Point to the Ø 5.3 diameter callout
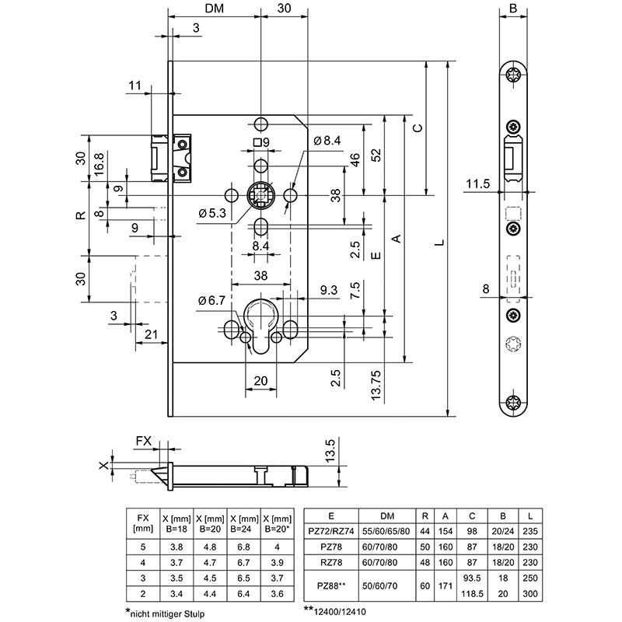(212, 213)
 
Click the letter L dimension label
(440, 243)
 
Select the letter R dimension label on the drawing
(80, 215)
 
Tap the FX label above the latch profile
(144, 441)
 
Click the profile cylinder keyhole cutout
(261, 327)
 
